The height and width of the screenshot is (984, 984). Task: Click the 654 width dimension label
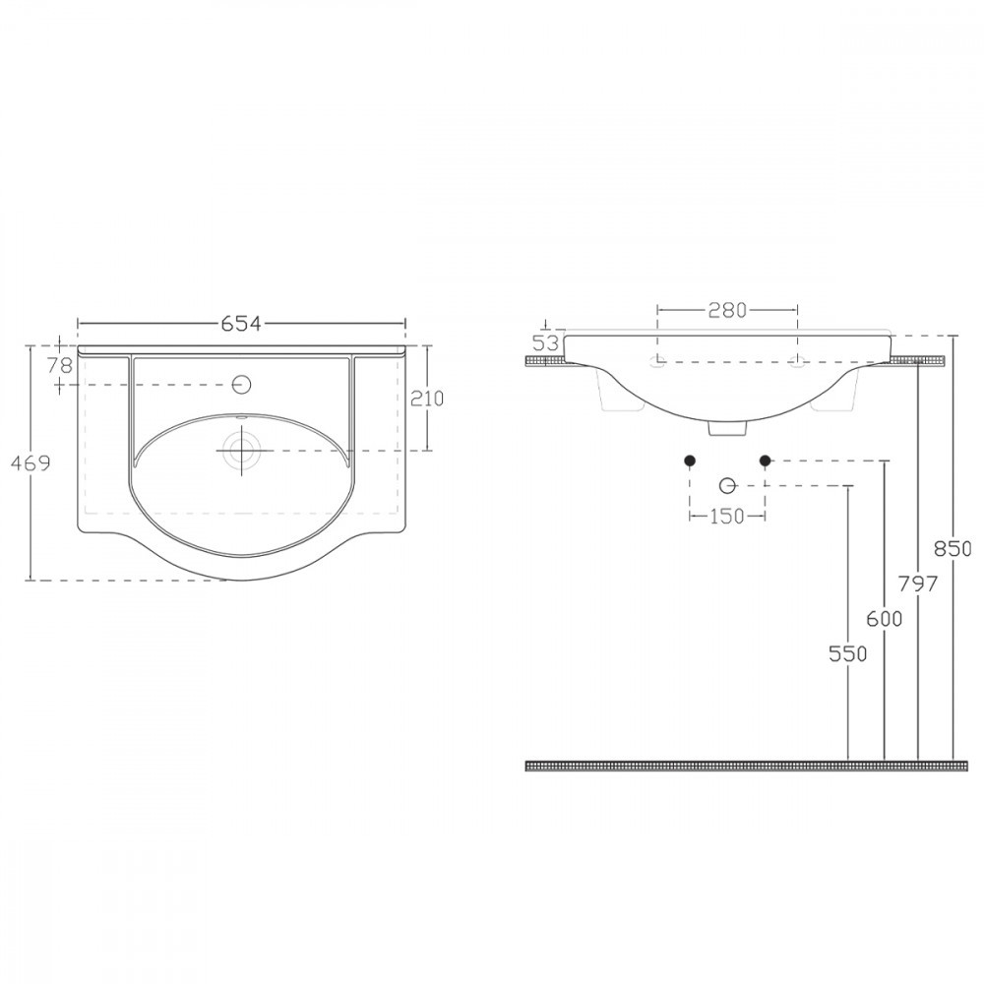pos(240,324)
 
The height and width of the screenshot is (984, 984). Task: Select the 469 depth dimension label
pos(31,462)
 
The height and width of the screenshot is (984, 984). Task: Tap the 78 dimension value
pos(60,364)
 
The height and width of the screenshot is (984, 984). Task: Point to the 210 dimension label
pos(429,398)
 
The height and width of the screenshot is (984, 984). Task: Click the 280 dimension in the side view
pos(727,310)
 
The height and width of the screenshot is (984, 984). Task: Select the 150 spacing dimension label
pos(726,517)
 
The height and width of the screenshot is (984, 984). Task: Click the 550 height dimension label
pos(848,652)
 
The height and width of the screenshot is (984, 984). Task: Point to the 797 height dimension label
pos(918,583)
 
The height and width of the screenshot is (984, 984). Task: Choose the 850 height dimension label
pos(953,548)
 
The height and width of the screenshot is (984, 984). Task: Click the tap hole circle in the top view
pos(241,383)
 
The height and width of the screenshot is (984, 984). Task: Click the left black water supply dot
pos(690,461)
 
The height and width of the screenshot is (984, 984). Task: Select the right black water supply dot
pos(765,461)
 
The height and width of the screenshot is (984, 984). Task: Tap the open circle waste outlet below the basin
pos(727,485)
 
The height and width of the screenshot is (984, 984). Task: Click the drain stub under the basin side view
pos(727,428)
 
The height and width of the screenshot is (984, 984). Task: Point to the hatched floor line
pos(738,765)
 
